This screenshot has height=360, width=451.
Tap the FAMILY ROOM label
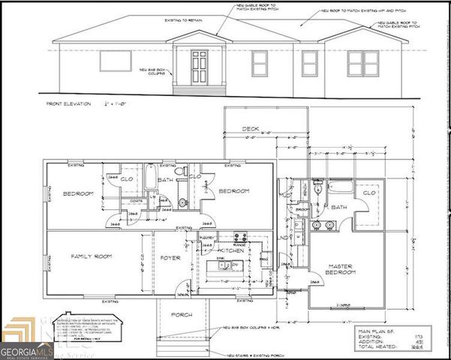pos(92,257)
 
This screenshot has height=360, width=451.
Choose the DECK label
pos(250,129)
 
